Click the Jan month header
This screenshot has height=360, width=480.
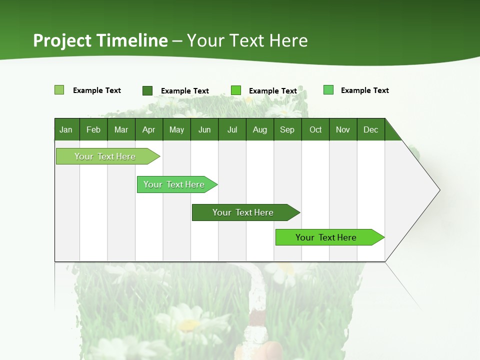click(x=66, y=129)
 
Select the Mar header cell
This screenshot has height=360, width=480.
click(x=121, y=129)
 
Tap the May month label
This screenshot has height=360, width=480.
click(x=176, y=129)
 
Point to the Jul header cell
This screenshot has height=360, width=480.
click(x=232, y=129)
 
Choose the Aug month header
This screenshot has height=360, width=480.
click(x=259, y=129)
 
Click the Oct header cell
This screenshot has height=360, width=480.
click(x=315, y=129)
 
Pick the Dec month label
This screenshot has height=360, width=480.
click(x=370, y=129)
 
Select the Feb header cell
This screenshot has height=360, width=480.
click(x=93, y=129)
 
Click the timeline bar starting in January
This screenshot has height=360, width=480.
click(x=105, y=156)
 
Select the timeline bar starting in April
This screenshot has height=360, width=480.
click(x=174, y=184)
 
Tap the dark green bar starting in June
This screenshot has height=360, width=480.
click(x=243, y=212)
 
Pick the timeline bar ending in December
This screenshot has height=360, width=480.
click(x=326, y=237)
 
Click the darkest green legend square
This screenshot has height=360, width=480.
click(x=147, y=90)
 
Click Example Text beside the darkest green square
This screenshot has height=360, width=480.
click(x=185, y=91)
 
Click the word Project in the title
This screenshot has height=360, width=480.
click(x=62, y=40)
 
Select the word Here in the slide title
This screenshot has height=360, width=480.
click(x=288, y=40)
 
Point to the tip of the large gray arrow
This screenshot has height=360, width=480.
click(x=438, y=190)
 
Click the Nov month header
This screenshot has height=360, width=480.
click(x=343, y=129)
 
